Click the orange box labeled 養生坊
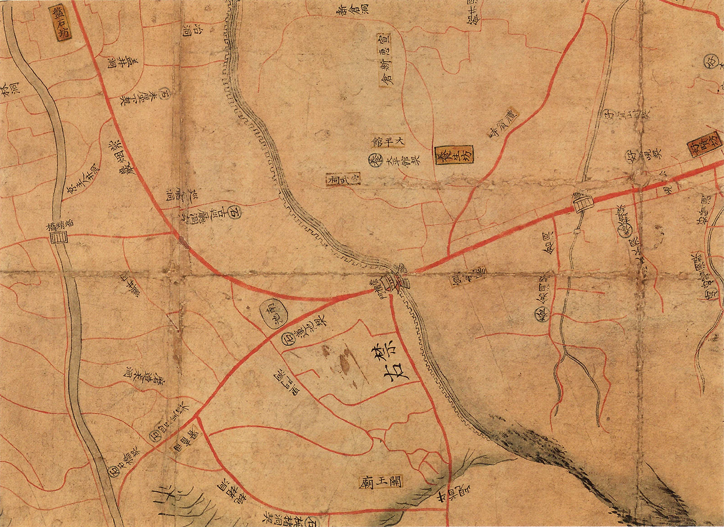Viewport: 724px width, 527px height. click(454, 155)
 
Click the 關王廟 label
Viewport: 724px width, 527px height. click(380, 481)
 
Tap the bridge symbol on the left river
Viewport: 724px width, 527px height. click(57, 238)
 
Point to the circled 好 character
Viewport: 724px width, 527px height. click(631, 155)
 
